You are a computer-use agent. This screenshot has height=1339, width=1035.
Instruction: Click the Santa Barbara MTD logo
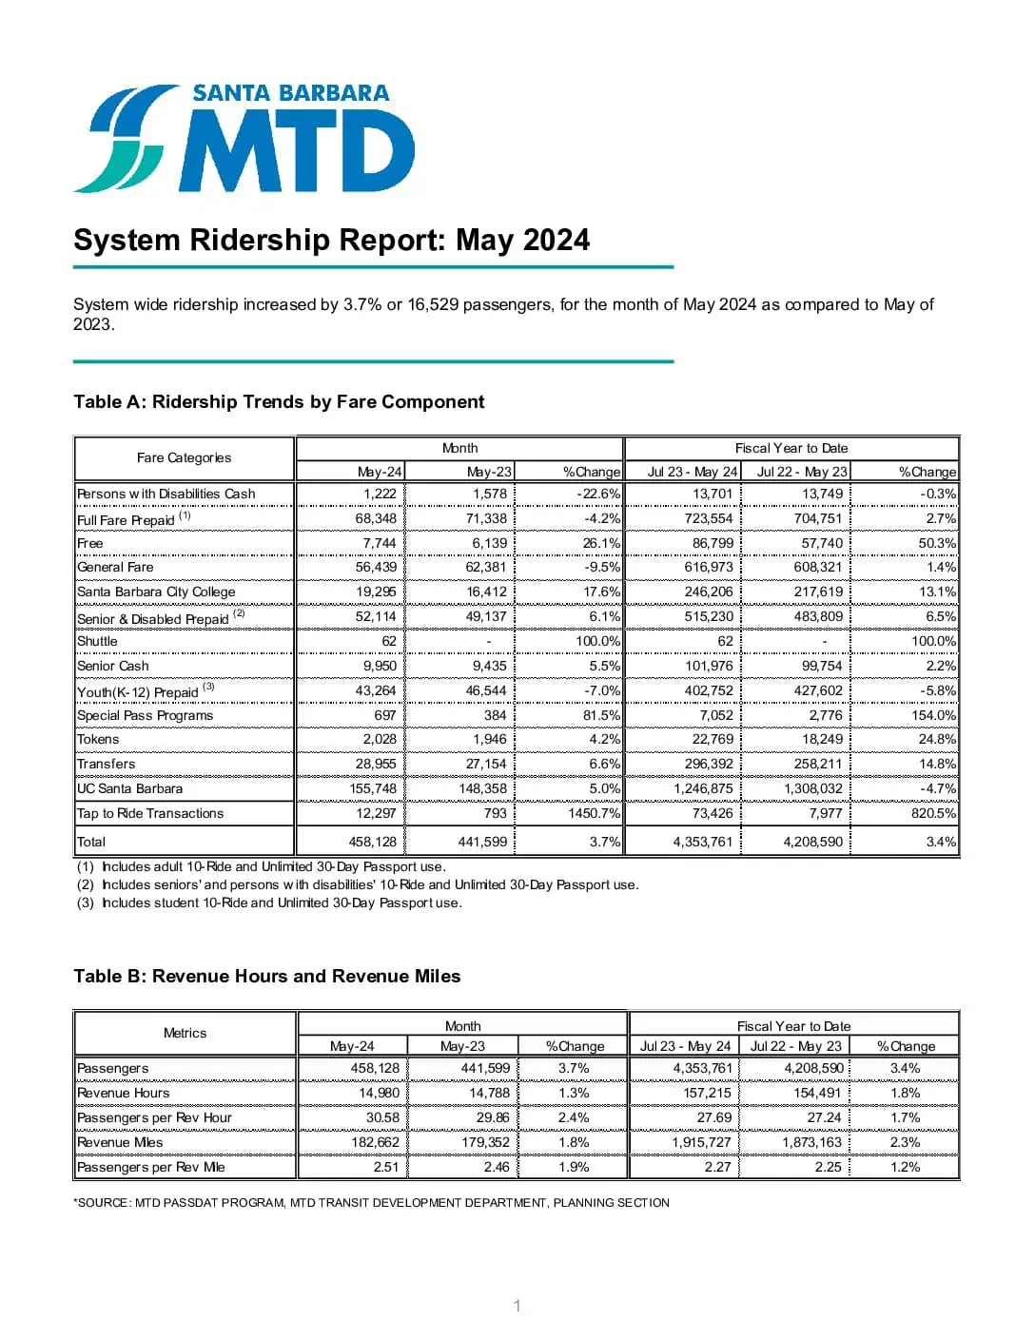tap(244, 138)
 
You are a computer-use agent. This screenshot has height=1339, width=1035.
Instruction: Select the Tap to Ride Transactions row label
tap(149, 813)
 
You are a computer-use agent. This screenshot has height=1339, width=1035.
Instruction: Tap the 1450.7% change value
tap(594, 813)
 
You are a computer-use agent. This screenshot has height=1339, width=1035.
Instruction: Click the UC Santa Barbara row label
tap(129, 788)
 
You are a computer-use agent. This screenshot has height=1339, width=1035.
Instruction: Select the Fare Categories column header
tap(184, 457)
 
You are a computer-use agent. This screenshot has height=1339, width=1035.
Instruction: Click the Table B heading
tap(266, 976)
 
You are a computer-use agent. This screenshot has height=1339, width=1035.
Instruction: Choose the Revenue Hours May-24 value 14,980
tap(379, 1093)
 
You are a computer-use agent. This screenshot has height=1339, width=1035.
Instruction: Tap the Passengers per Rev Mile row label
tap(150, 1167)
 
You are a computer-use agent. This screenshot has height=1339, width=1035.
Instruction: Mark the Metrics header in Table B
tap(185, 1033)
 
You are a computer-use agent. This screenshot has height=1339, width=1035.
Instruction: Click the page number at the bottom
tap(517, 1306)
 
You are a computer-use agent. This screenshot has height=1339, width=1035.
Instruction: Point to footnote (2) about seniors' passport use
tap(358, 884)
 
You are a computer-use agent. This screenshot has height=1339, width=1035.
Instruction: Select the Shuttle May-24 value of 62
tap(389, 641)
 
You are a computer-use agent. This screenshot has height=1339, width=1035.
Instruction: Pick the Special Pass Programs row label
tap(145, 715)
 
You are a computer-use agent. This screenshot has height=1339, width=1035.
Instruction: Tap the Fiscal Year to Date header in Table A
tap(791, 448)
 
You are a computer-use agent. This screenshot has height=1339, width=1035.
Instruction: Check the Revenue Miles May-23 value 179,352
tap(485, 1142)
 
